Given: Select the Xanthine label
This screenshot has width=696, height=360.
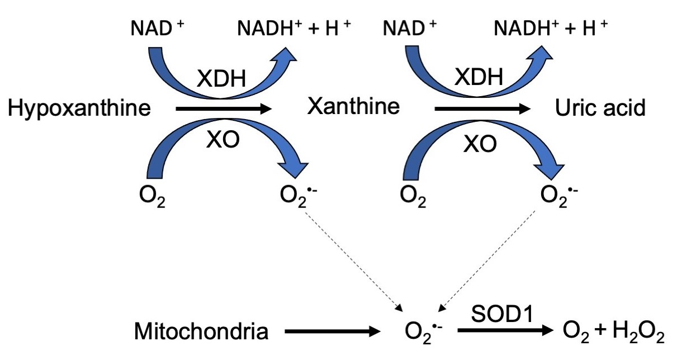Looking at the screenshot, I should (x=353, y=106).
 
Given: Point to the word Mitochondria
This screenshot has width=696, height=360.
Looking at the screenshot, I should (x=201, y=332).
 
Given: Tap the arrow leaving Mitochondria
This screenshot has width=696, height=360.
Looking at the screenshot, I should (x=332, y=332).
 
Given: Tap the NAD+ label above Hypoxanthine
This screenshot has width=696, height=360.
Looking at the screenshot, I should (x=156, y=27).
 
